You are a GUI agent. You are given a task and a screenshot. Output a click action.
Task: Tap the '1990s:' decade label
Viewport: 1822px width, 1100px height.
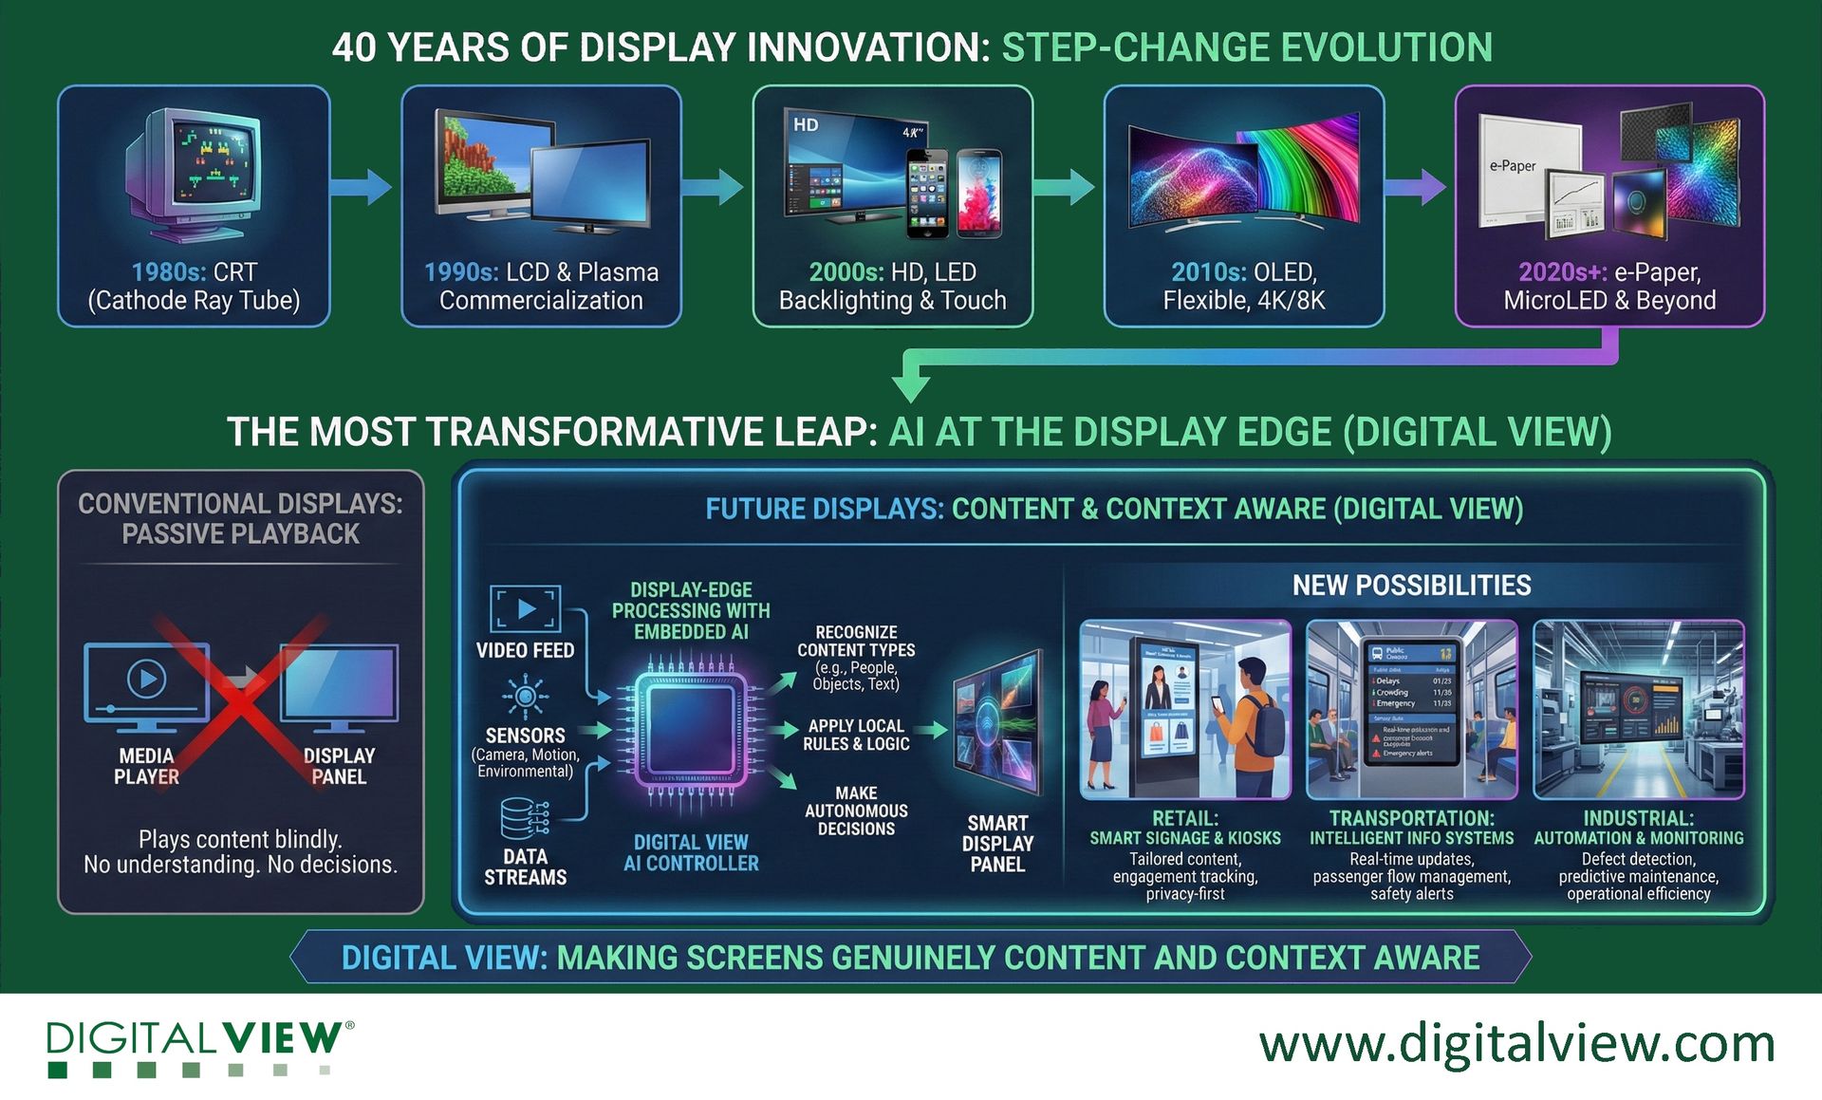point(460,272)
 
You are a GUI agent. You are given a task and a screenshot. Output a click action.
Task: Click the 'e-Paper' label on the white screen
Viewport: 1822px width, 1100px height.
point(1512,166)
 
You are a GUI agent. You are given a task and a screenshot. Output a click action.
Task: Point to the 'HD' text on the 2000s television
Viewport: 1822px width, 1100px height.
point(806,124)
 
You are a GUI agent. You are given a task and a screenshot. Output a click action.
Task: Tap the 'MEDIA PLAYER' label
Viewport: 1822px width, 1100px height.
point(146,766)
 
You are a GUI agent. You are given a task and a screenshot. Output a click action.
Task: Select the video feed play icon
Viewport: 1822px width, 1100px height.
point(525,608)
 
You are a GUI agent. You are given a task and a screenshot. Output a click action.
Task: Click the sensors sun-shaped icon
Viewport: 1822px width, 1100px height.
point(525,698)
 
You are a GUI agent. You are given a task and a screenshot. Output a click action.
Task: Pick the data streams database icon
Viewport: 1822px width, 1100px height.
point(524,819)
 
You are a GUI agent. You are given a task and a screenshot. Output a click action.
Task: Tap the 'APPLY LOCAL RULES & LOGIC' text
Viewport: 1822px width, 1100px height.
point(856,735)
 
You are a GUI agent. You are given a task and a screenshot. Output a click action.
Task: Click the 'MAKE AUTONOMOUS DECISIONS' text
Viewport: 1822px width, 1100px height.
point(856,811)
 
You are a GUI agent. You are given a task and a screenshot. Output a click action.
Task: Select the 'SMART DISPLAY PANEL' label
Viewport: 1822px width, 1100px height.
point(997,844)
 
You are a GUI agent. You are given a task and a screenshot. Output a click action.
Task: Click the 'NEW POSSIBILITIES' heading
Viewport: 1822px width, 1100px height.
point(1411,586)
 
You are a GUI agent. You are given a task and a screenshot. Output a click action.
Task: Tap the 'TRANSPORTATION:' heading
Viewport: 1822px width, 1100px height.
point(1411,818)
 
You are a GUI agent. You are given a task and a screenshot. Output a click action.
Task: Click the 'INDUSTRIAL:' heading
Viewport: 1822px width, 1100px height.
point(1638,818)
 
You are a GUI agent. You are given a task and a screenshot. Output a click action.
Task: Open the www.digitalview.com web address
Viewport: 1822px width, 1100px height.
point(1515,1044)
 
